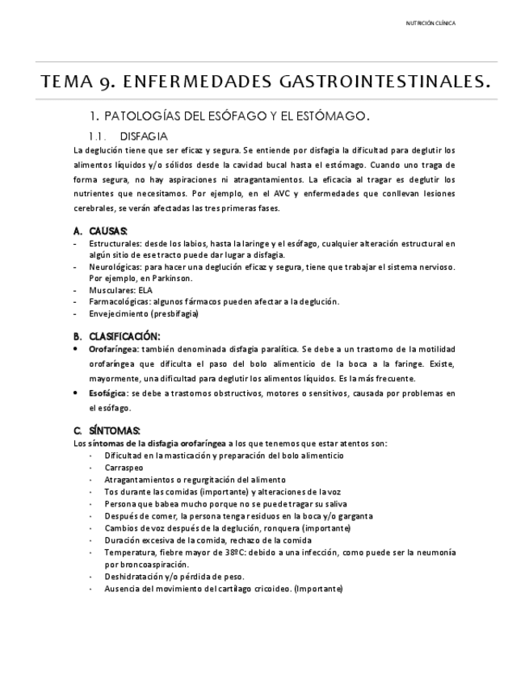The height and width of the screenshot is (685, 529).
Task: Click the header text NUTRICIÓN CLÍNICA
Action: pyautogui.click(x=430, y=23)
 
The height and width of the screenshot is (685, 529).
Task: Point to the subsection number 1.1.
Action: pyautogui.click(x=98, y=136)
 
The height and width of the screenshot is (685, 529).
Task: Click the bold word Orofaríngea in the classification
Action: pyautogui.click(x=114, y=348)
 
